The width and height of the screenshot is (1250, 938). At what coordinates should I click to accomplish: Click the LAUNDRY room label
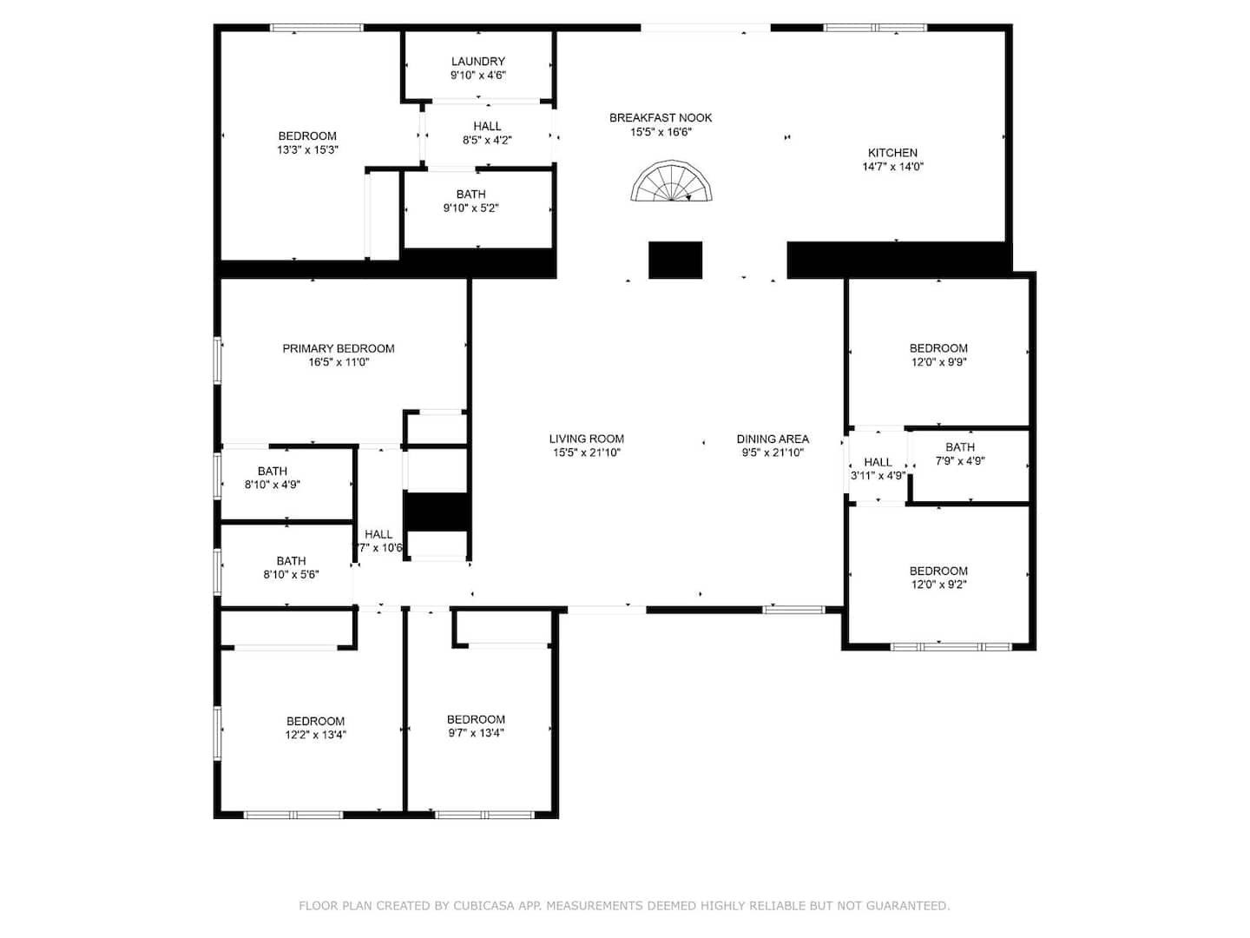(477, 61)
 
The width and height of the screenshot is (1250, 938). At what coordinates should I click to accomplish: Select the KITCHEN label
(892, 153)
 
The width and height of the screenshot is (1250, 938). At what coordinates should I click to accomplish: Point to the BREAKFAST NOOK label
(661, 118)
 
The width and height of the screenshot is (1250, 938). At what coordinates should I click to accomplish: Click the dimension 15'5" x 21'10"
(587, 452)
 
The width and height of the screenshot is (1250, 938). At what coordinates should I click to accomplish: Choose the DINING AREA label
(773, 439)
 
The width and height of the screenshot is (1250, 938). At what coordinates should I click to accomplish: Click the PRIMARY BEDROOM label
(339, 348)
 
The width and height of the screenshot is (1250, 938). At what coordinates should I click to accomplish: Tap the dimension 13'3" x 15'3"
(307, 149)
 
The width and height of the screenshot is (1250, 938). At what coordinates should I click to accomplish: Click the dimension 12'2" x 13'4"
(315, 735)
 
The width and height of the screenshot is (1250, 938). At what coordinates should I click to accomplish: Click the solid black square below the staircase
(675, 261)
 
